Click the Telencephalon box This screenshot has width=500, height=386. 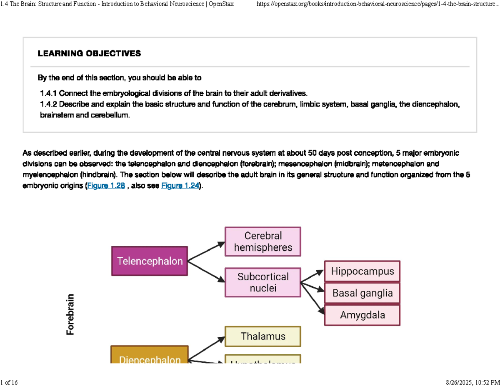(150, 261)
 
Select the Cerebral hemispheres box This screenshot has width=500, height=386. (262, 242)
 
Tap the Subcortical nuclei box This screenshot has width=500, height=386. (262, 282)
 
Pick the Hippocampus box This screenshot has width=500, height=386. (362, 271)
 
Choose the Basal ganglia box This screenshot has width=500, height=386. (362, 293)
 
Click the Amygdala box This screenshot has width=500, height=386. (362, 315)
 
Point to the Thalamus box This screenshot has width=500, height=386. (262, 336)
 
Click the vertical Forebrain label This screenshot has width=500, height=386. (70, 314)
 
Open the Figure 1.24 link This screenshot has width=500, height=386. (180, 186)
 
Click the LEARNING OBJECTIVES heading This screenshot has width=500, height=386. (89, 54)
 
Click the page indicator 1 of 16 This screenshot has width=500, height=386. (9, 382)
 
